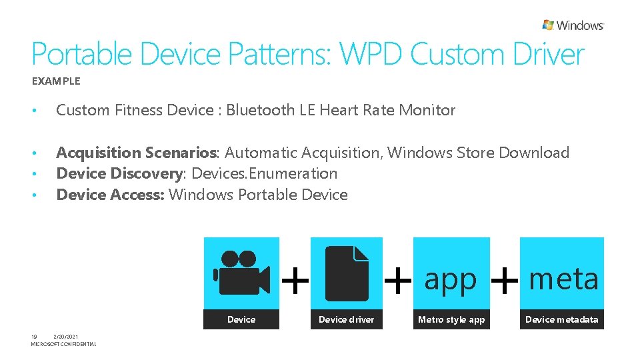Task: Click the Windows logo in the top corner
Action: tap(573, 25)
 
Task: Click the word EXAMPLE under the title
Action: tap(56, 81)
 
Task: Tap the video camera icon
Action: tap(241, 273)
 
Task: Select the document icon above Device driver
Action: tap(347, 273)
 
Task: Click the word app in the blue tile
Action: tap(451, 279)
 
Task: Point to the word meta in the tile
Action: tap(563, 278)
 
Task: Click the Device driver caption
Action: tap(346, 320)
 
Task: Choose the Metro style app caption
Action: tap(451, 320)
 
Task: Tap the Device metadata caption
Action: tap(561, 320)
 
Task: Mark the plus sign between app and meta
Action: tap(504, 280)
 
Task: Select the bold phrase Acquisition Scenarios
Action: tap(137, 153)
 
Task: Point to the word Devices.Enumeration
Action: tap(264, 173)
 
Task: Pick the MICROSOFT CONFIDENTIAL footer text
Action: tap(63, 344)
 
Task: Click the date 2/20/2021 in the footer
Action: tap(66, 337)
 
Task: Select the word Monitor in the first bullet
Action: tap(427, 111)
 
